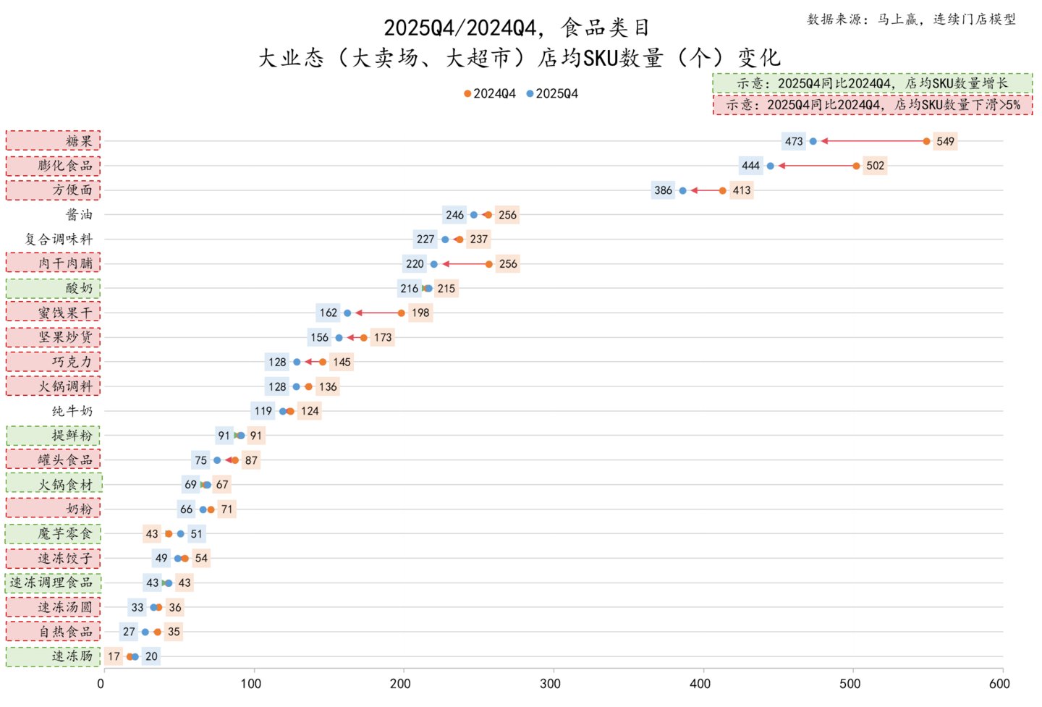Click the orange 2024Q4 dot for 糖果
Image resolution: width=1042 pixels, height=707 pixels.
pos(926,141)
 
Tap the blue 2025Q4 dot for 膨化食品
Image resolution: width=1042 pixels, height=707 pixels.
pos(771,166)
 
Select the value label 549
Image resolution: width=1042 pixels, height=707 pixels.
pos(945,141)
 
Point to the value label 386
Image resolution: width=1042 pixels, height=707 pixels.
pos(663,190)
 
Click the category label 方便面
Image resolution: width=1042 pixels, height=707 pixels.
pos(72,190)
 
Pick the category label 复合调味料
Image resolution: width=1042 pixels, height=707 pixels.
pos(59,239)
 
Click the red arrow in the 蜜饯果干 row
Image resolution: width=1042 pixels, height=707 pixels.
pos(378,313)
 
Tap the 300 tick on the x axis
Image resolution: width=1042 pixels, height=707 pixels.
pos(550,684)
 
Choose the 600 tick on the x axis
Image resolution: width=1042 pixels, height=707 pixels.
pos(999,684)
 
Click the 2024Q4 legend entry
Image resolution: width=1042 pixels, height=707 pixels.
pos(490,94)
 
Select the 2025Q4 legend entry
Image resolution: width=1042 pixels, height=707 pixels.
pos(552,94)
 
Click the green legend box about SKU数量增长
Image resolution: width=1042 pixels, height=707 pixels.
pos(872,84)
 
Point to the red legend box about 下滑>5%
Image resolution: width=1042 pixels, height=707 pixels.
pos(872,105)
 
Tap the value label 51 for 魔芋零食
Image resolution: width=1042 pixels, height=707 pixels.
pos(196,534)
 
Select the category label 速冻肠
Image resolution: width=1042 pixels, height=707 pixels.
pos(72,656)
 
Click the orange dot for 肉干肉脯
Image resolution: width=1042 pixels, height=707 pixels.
pos(489,264)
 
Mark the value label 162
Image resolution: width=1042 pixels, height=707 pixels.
pos(328,313)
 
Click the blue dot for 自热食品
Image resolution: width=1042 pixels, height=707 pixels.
pos(145,632)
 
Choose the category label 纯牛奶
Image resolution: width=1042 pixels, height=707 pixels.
pos(72,411)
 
